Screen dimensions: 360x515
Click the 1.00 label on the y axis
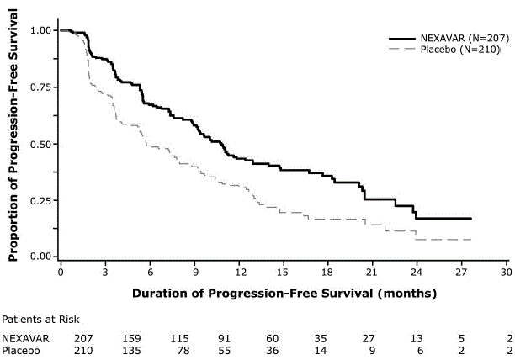click(x=40, y=30)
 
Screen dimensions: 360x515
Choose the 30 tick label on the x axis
click(x=505, y=273)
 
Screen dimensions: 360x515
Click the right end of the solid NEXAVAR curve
click(x=471, y=218)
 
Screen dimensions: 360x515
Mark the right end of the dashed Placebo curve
click(x=471, y=240)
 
